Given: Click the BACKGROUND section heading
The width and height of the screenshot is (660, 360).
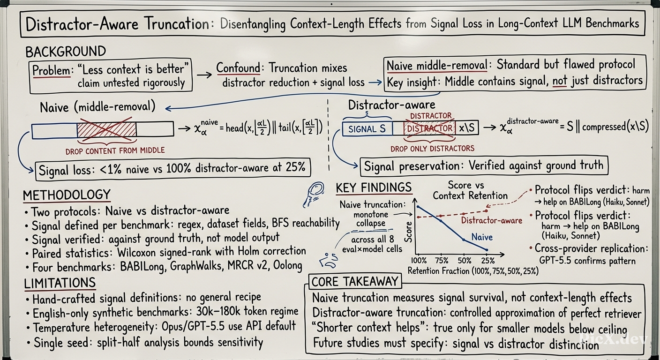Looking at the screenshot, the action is click(x=66, y=52).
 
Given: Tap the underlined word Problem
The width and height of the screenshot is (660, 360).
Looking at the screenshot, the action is click(x=52, y=71).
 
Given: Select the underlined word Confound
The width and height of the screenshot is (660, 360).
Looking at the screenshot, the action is click(x=238, y=68).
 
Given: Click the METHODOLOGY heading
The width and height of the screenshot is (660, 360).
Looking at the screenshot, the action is click(x=67, y=195).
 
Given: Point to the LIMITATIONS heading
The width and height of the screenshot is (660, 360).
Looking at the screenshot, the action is click(x=60, y=283).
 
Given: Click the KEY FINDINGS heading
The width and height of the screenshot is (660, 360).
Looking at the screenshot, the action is click(x=374, y=187).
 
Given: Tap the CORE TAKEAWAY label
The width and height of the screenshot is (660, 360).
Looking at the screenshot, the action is click(x=355, y=282).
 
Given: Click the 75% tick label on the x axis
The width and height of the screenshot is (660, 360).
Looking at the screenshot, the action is click(x=442, y=261).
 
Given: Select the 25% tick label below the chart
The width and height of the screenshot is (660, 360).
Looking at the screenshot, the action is click(x=488, y=261).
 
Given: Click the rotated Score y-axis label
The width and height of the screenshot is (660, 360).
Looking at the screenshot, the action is click(x=408, y=232).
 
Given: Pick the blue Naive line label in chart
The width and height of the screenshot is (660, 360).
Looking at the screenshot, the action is click(x=482, y=237).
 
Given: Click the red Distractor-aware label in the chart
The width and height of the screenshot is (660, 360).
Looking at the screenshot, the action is click(x=491, y=220).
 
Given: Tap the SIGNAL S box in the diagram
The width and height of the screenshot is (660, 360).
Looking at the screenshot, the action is click(x=367, y=129).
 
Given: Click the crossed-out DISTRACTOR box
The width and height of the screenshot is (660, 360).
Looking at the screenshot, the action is click(x=429, y=128).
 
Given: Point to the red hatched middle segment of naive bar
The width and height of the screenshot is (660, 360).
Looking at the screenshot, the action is click(x=107, y=129).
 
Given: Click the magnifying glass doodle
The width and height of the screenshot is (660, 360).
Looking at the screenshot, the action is click(x=314, y=194).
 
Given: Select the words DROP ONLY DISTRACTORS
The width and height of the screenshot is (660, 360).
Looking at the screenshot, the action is click(x=432, y=149).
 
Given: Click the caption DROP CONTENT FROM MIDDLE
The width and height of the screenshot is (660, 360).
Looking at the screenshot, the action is click(x=115, y=151).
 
